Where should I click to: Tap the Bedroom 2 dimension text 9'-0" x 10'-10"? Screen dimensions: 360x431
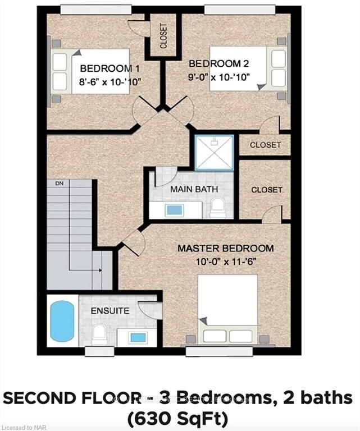tap(219, 77)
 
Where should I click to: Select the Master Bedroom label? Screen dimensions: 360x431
tap(226, 248)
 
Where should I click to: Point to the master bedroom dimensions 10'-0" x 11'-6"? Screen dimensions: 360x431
tap(226, 262)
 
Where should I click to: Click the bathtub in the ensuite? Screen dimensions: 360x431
tap(62, 321)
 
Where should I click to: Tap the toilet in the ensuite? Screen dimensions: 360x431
tap(99, 334)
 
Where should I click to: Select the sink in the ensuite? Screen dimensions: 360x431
tap(138, 337)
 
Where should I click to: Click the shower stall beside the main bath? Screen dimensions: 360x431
tap(214, 153)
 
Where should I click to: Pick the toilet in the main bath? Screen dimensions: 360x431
tap(217, 208)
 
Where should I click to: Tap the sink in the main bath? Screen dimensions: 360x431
tap(174, 210)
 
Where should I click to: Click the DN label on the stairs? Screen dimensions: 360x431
tap(59, 184)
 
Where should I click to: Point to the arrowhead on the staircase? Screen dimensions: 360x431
tap(101, 270)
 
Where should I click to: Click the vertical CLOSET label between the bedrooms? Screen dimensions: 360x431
tap(163, 36)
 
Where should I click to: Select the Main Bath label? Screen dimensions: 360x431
tap(194, 189)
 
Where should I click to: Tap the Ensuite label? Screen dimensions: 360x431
tap(110, 311)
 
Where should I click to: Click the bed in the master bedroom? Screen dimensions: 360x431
tap(227, 309)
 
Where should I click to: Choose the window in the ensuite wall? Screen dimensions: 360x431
tap(99, 351)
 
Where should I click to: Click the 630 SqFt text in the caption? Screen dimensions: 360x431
tap(177, 418)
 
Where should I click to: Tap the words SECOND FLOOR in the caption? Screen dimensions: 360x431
tap(72, 398)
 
